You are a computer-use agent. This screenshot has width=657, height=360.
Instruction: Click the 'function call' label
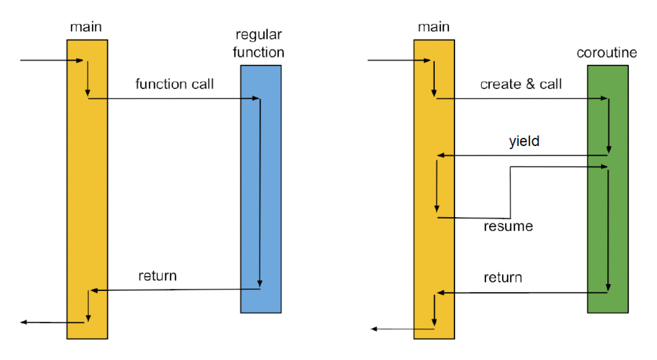coord(174,84)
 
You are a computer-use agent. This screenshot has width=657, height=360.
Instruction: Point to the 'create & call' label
coord(520,84)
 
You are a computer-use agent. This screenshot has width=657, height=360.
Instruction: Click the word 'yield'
coord(524,141)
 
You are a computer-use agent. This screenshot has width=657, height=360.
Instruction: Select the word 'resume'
coord(508,227)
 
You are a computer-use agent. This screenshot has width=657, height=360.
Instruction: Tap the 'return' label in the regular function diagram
coord(157,275)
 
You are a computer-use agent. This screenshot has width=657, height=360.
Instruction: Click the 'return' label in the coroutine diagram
coord(503,277)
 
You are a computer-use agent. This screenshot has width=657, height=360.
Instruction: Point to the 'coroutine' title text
coord(607,53)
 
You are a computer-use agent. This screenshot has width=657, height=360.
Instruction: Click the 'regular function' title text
coord(259,44)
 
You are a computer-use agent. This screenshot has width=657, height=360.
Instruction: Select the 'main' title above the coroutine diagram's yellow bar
coord(433,26)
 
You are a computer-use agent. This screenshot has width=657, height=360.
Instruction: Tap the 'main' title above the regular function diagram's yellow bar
coord(86,26)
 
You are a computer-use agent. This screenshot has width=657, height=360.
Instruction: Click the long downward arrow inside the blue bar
coord(260,194)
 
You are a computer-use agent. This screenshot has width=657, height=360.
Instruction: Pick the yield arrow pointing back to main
coord(523,155)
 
